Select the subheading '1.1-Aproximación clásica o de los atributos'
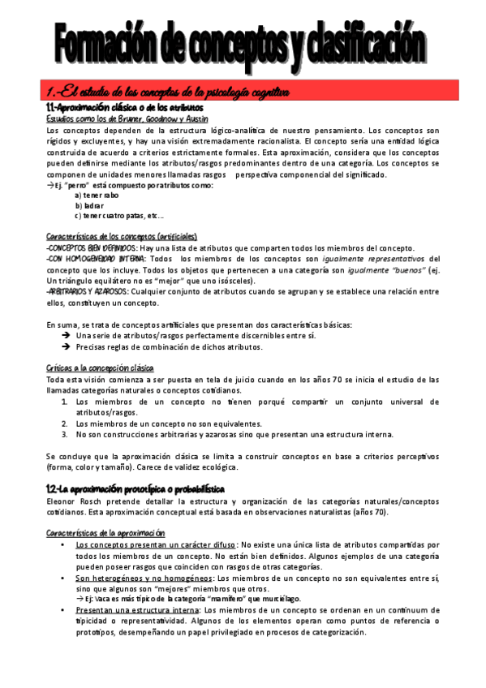pos(124,107)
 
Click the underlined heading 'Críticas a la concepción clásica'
pos(100,368)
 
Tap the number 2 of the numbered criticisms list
pos(65,424)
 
